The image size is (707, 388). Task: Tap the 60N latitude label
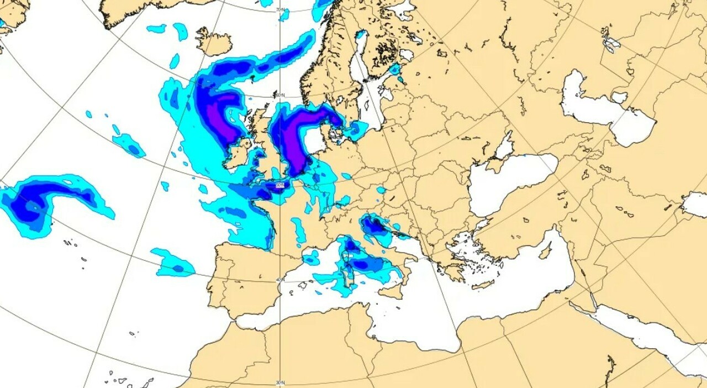point(281,95)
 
